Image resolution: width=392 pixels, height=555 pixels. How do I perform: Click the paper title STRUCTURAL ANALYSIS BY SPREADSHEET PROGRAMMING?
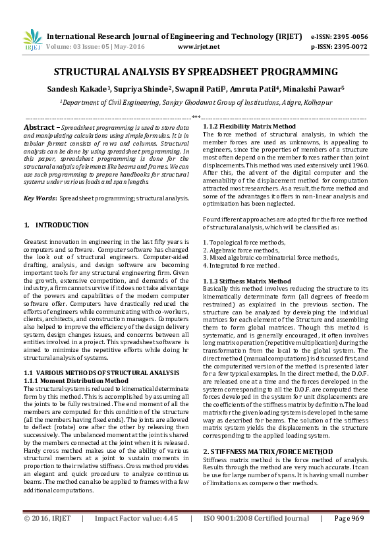[x=196, y=71]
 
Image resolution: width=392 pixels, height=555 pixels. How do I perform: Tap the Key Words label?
[x=40, y=198]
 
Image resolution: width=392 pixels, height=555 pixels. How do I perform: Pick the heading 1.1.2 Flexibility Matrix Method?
[x=249, y=126]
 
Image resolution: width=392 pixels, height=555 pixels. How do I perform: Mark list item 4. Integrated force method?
[x=241, y=265]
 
